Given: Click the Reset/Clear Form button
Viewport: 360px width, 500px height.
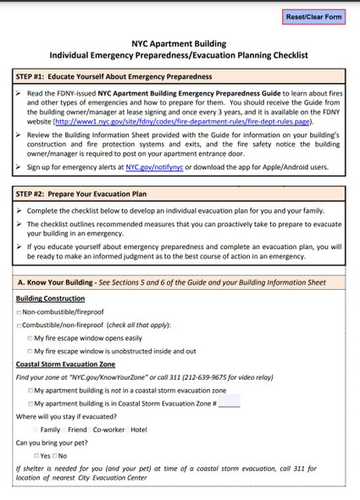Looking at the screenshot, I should coord(314,16).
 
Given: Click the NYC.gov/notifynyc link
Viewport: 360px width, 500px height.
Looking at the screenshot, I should coord(154,168).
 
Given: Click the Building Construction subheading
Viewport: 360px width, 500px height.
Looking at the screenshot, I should coord(50,298).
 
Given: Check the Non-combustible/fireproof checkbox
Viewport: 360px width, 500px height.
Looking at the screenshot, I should coord(19,313).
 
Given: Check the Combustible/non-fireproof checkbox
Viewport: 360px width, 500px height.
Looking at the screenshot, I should coord(19,325).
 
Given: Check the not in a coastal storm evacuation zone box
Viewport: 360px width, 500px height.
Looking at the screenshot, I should coord(30,390).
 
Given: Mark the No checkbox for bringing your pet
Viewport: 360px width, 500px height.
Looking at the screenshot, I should coord(54,456).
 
